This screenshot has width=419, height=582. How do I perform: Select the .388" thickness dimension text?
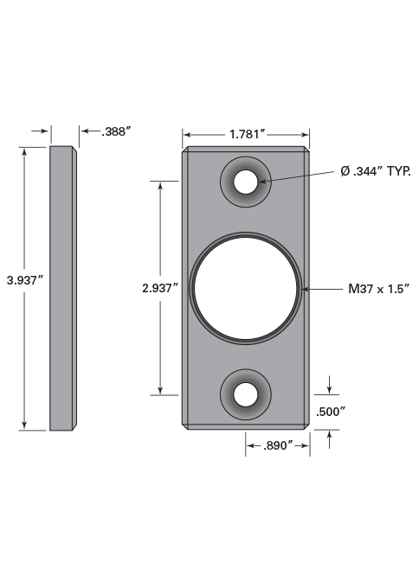coord(115,131)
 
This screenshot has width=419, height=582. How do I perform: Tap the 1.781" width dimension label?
coord(246,134)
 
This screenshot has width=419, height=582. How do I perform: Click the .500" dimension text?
coord(331,412)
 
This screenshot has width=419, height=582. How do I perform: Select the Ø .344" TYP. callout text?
coord(375,171)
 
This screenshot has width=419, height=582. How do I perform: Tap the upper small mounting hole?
coord(246,182)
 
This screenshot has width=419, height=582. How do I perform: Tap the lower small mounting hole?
coord(246,394)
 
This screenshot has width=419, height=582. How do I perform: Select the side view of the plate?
coord(61,287)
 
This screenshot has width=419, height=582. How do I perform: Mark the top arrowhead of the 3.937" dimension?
coord(24,151)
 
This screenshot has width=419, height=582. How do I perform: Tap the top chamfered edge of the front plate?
coord(246,149)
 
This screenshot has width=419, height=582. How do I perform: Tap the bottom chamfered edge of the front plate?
coord(246,426)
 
